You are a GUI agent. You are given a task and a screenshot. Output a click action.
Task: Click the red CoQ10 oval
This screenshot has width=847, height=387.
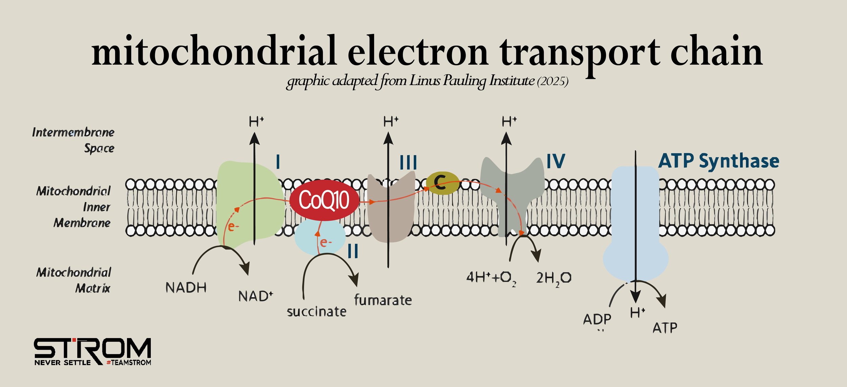point(324,200)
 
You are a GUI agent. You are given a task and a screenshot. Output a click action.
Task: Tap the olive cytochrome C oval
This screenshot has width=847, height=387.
point(442,183)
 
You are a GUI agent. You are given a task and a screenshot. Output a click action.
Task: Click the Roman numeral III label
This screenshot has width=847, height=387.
point(408,163)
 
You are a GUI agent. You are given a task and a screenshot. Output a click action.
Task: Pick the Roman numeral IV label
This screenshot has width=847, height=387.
point(556,161)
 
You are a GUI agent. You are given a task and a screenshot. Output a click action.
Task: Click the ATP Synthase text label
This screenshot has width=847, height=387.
point(719,161)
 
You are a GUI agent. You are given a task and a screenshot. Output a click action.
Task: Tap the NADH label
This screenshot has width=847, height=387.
point(186,288)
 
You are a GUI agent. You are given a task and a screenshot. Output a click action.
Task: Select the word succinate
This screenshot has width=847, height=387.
point(316,311)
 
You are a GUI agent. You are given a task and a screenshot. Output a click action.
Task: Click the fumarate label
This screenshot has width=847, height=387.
point(383,300)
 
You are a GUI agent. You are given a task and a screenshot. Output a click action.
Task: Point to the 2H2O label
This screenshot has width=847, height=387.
point(554,278)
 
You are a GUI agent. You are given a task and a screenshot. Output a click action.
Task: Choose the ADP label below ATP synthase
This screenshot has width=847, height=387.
point(597,319)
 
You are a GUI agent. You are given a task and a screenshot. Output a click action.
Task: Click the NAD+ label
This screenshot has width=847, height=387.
point(255,296)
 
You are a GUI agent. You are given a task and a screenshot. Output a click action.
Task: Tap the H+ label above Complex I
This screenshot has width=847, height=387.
point(256,121)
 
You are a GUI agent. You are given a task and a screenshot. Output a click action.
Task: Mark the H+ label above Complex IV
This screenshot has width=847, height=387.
point(509,121)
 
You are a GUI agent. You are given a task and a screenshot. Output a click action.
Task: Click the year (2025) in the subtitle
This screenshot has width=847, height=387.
point(553,81)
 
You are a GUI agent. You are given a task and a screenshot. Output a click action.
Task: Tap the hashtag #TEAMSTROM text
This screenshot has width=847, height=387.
point(129,363)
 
